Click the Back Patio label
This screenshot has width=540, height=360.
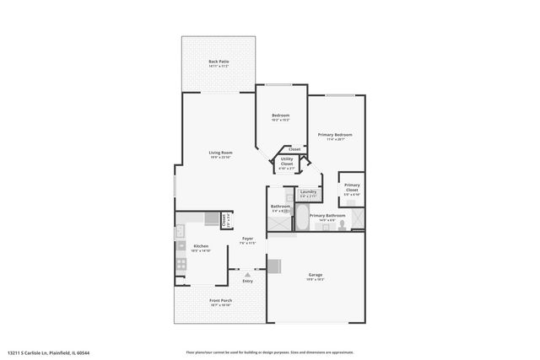(x=219, y=62)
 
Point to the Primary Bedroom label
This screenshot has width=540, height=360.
(x=335, y=135)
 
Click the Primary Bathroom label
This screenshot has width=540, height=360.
(x=327, y=216)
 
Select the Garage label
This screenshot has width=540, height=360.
(x=316, y=274)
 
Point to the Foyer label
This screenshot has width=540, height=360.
(x=247, y=239)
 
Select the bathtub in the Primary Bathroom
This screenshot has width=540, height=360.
(x=301, y=221)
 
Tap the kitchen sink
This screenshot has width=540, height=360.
(x=180, y=233)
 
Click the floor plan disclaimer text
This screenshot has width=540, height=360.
(x=269, y=352)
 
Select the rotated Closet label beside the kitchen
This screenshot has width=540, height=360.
(x=224, y=219)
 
